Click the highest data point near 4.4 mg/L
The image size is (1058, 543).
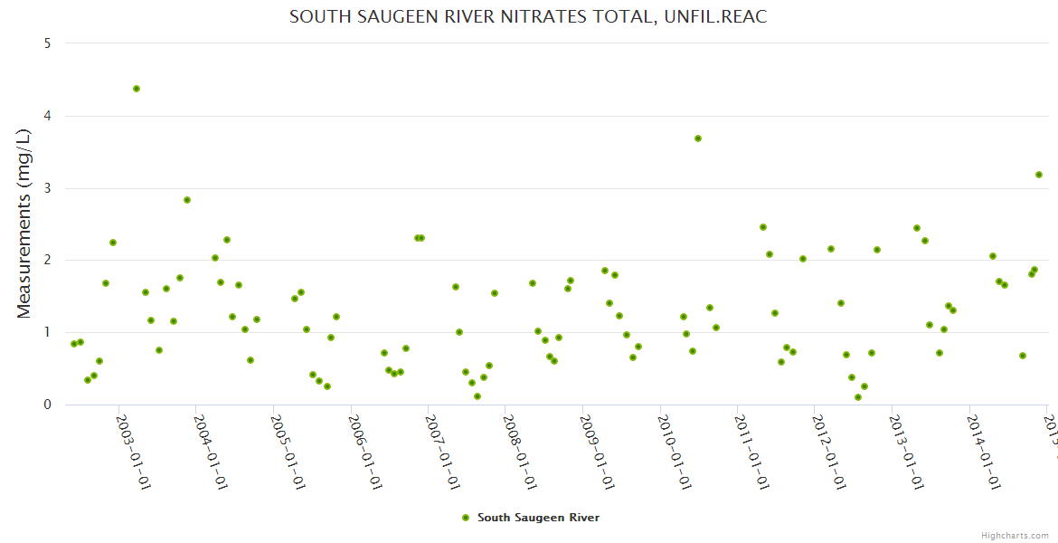tap(137, 89)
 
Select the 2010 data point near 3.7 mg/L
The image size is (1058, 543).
tap(698, 138)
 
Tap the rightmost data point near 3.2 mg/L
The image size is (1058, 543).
tap(1039, 175)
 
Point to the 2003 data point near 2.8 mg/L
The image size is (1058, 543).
tap(187, 200)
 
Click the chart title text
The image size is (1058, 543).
tap(528, 17)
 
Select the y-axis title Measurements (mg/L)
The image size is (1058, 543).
tap(24, 224)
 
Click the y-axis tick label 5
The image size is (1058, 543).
tap(47, 43)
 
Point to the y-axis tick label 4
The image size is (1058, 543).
tap(47, 116)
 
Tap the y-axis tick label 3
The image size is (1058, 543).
tap(47, 188)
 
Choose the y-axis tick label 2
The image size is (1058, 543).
tap(47, 260)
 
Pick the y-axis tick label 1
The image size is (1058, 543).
tap(47, 332)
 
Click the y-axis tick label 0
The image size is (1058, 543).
tap(47, 405)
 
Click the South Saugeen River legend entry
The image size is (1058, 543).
tap(530, 518)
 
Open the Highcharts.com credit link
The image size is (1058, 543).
tap(1015, 536)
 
